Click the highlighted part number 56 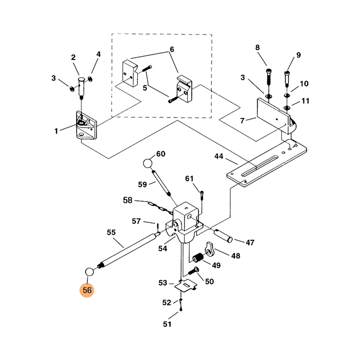tap(87, 290)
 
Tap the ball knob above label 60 tap(149, 163)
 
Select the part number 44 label tap(219, 157)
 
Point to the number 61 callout tap(189, 179)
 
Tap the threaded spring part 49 tap(198, 258)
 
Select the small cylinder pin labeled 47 tap(223, 235)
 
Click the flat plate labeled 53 tap(185, 284)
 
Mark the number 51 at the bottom tap(167, 324)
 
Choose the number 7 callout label tap(242, 121)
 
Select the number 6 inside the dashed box tap(171, 49)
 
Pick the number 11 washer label tap(306, 101)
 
